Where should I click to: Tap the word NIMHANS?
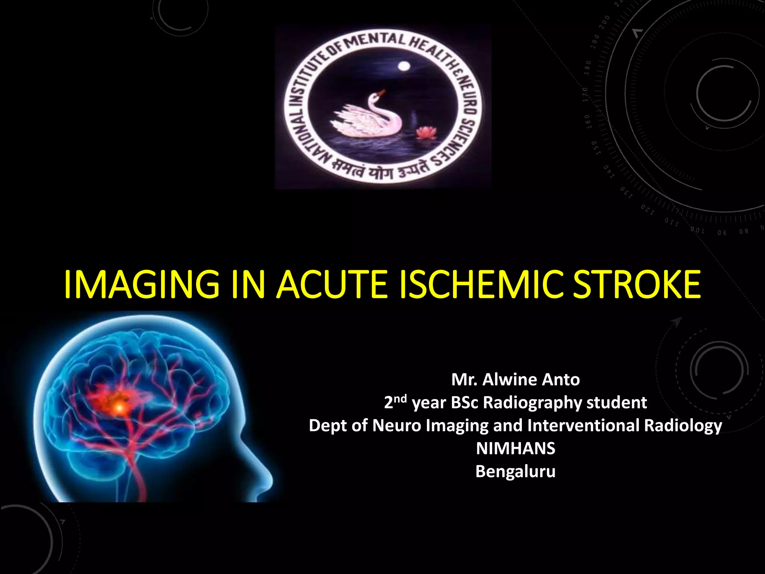pyautogui.click(x=515, y=448)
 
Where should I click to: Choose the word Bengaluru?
pyautogui.click(x=515, y=472)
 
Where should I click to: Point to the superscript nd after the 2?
pyautogui.click(x=401, y=398)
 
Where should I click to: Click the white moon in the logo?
pyautogui.click(x=404, y=67)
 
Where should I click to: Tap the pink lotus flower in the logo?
pyautogui.click(x=426, y=133)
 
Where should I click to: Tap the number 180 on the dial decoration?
pyautogui.click(x=588, y=68)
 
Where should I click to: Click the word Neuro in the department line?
pyautogui.click(x=397, y=426)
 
